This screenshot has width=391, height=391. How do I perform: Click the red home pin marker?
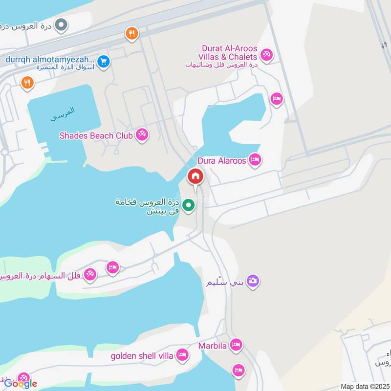pos(195,176)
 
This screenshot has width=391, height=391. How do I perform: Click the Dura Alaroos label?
pos(222,160)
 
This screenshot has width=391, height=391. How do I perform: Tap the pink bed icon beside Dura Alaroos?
pos(255,159)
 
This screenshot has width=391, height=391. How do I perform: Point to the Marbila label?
pos(212,346)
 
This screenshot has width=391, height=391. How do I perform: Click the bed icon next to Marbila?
pos(236,345)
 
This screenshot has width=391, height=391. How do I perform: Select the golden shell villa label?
pos(142,355)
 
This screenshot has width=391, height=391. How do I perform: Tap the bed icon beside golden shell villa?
pos(182,355)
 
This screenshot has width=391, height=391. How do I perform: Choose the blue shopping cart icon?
pos(103,62)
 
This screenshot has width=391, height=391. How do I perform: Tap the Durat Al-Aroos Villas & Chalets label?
pos(229,53)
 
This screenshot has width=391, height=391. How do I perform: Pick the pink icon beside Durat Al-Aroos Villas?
pos(266,54)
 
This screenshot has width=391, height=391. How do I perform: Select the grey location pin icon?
pos(61,25)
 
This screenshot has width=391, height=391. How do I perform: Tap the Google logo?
pos(21,384)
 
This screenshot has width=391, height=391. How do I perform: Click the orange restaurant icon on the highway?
pos(131,34)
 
